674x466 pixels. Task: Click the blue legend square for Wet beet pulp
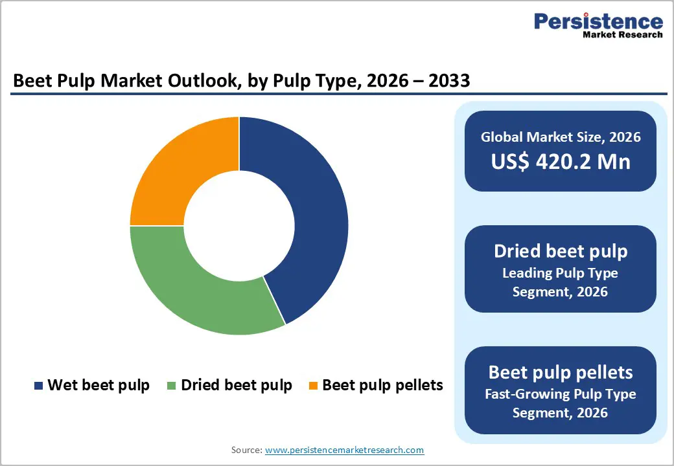[x=39, y=386]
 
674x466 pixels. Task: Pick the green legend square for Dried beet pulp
[x=172, y=386]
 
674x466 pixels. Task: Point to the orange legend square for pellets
[x=313, y=386]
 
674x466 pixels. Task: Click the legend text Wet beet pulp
[x=99, y=385]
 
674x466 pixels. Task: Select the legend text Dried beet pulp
[x=237, y=385]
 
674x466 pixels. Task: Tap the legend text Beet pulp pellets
[x=382, y=385]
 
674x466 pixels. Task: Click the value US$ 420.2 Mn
[x=561, y=161]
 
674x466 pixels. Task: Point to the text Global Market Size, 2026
[x=561, y=137]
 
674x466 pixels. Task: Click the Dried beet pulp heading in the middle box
[x=561, y=251]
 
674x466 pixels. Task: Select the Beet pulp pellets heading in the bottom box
[x=561, y=372]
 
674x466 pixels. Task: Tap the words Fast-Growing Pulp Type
[x=561, y=394]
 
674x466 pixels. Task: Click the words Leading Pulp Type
[x=561, y=272]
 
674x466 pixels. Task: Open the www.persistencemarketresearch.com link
[x=344, y=450]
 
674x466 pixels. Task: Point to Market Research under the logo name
[x=622, y=35]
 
